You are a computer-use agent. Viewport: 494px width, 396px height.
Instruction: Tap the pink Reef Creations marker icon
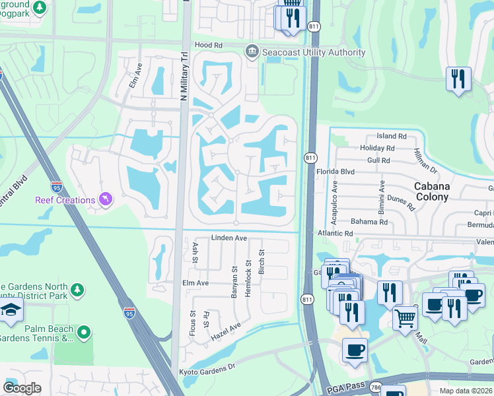coord(104,199)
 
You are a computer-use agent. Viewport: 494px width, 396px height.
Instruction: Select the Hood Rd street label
coord(209,45)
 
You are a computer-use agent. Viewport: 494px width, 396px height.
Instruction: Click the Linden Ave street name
coord(229,238)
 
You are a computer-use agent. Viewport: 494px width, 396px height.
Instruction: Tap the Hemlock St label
coord(249,278)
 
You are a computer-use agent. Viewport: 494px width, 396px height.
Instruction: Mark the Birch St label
coord(262,262)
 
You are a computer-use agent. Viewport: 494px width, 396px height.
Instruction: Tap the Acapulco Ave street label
coord(335,201)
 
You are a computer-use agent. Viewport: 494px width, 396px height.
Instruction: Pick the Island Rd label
coord(392,136)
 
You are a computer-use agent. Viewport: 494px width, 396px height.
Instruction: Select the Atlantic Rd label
coord(335,233)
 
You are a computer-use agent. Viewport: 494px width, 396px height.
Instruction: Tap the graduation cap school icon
coord(11,311)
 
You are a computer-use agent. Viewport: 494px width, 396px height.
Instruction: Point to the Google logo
coord(22,387)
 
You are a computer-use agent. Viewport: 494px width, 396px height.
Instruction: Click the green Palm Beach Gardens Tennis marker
coord(84,333)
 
